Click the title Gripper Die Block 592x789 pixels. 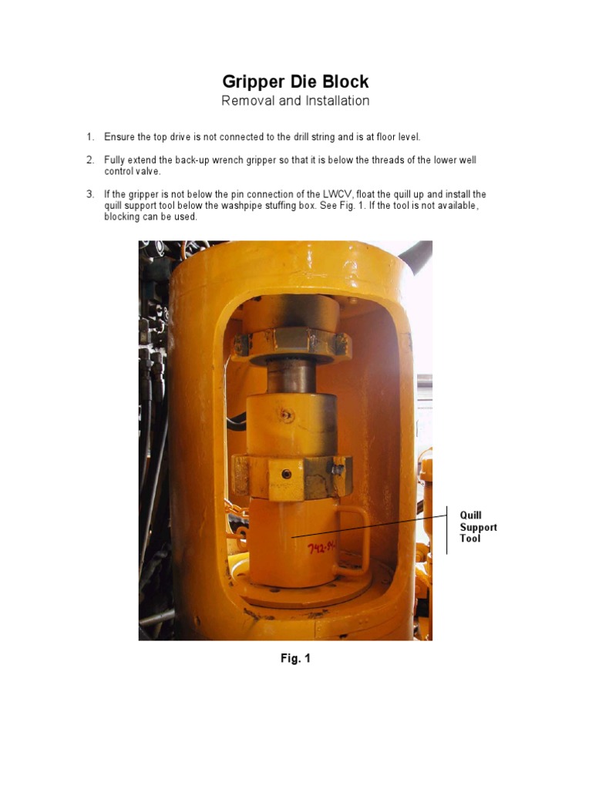295,81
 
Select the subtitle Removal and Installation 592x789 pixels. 295,101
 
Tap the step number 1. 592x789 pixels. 89,137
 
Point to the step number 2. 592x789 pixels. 89,160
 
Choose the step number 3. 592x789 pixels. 89,194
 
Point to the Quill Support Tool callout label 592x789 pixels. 478,527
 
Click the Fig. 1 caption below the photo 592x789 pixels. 295,659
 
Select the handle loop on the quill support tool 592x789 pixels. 356,539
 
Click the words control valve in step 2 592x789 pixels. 132,172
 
